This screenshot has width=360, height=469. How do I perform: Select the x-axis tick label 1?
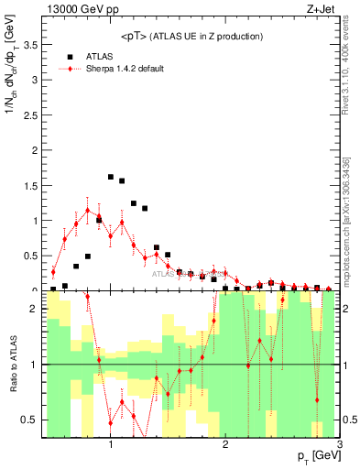111,444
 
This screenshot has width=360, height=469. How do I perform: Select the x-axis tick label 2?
226,444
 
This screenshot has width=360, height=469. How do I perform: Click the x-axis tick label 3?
340,444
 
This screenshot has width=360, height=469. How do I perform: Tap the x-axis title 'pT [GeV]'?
318,457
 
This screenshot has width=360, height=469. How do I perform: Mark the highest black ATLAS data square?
111,177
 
